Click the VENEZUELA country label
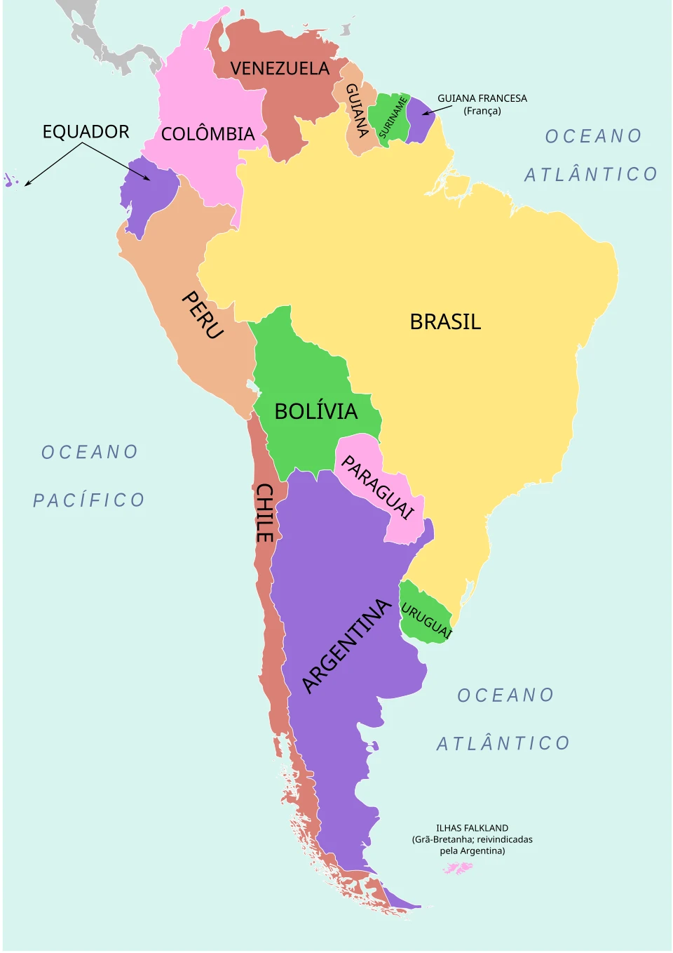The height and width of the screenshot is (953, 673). [x=280, y=69]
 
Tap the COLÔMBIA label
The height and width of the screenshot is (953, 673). [x=208, y=134]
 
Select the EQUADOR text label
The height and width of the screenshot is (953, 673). [x=86, y=132]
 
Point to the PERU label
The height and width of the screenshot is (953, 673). [x=203, y=315]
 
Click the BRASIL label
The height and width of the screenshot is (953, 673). [x=445, y=321]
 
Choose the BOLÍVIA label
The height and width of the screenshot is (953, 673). [x=315, y=411]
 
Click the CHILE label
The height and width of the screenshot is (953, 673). [x=264, y=512]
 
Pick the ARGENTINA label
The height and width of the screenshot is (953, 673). [x=346, y=646]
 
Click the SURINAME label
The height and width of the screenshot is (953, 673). [x=393, y=117]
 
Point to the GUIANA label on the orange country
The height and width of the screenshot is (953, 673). [x=358, y=109]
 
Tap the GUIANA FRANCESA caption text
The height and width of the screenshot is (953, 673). [x=482, y=99]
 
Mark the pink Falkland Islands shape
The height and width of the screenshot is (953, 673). [x=458, y=868]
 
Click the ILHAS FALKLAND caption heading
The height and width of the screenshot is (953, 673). [x=472, y=828]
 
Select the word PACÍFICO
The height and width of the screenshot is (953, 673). [x=89, y=500]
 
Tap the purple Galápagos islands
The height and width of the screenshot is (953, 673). [x=11, y=180]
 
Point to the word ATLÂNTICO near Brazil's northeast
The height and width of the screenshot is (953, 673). [x=591, y=174]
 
